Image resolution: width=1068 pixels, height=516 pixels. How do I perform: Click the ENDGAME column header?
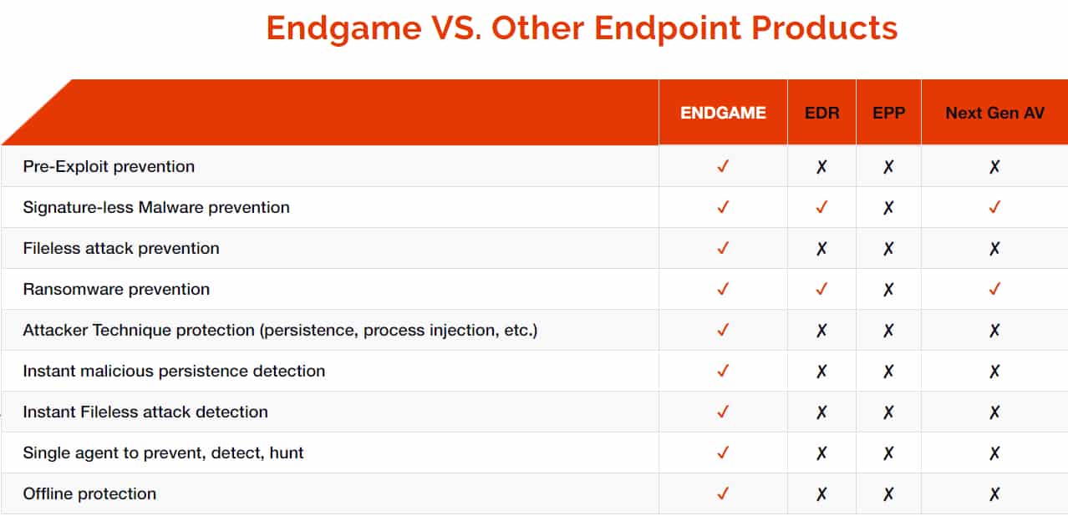point(723,113)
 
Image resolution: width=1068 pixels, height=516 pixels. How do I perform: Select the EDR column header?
point(822,113)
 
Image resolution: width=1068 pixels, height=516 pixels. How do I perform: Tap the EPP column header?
point(888,113)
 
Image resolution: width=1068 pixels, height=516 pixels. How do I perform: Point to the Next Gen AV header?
point(995,113)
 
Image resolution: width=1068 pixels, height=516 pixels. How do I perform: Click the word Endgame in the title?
point(343,29)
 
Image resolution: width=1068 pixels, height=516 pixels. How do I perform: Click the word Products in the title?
point(824,28)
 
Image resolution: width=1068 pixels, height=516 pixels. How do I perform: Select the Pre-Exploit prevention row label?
point(109,167)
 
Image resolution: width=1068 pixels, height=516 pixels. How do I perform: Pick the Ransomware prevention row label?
point(116,290)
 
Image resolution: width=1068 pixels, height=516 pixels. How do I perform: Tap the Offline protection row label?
point(89,494)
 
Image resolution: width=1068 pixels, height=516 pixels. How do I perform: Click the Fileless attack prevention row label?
point(121,249)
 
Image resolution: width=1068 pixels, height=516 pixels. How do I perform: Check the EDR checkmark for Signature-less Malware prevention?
point(821,207)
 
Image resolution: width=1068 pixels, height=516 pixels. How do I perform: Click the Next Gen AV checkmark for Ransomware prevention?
point(994,289)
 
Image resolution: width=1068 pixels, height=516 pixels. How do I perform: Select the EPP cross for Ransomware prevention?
point(888,289)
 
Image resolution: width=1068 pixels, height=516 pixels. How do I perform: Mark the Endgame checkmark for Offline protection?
point(723,493)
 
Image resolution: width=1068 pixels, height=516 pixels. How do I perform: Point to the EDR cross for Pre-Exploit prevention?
point(821,167)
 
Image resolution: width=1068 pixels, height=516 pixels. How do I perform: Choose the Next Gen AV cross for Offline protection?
point(994,494)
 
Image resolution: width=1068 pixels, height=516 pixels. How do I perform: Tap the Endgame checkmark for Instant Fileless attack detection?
point(723,412)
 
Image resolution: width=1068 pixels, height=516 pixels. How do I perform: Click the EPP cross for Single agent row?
point(888,453)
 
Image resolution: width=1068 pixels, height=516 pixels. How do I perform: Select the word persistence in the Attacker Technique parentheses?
point(310,331)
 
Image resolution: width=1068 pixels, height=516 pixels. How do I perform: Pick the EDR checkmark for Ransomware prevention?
point(821,289)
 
